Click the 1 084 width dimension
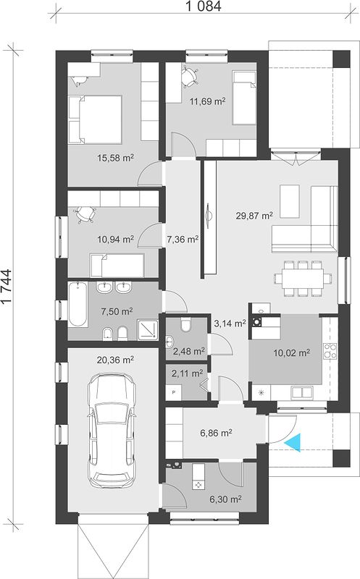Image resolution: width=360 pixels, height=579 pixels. (204, 6)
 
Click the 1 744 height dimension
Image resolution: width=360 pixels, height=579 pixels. (7, 287)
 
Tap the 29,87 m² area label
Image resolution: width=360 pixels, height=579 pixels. (254, 215)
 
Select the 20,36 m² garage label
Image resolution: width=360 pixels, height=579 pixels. (115, 360)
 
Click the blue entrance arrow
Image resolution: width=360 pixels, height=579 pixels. (293, 441)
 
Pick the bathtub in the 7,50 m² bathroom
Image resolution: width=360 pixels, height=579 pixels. (78, 305)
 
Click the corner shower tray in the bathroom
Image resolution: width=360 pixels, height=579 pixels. (148, 330)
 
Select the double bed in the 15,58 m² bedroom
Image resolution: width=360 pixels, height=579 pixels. (96, 119)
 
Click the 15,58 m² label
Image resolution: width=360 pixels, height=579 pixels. (115, 158)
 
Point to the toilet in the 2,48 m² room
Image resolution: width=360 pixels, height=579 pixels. (185, 324)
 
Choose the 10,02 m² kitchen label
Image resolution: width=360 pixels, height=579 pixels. (291, 353)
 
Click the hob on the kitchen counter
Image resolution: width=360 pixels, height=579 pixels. (330, 351)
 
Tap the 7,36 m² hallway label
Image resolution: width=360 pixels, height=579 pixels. (183, 240)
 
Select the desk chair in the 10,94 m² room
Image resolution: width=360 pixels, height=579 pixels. (85, 214)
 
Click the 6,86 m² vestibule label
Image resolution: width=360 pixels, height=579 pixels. (216, 433)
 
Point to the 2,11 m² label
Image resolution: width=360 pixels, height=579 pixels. (187, 373)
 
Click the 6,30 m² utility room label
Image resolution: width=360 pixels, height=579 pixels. (225, 499)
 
